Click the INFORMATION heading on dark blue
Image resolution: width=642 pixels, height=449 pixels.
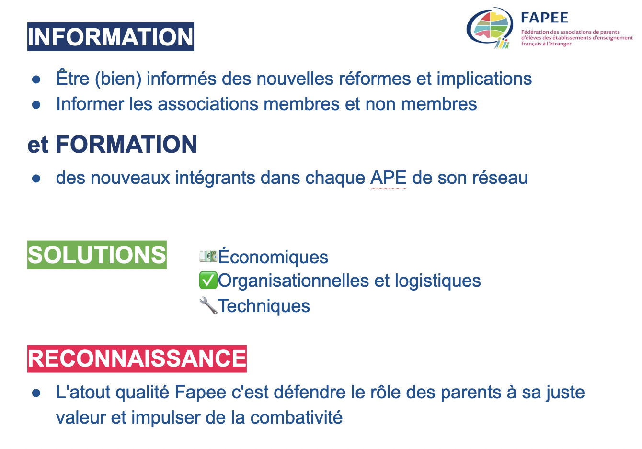click(x=111, y=37)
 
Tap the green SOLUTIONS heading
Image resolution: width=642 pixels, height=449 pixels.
click(x=97, y=255)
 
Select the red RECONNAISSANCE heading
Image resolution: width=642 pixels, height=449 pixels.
click(x=137, y=359)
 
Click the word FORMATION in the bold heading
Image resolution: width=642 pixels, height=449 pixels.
click(x=126, y=145)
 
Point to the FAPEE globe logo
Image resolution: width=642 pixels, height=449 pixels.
click(x=490, y=28)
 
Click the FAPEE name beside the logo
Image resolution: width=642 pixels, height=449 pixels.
click(x=545, y=18)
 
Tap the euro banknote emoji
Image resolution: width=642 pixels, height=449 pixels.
click(x=208, y=256)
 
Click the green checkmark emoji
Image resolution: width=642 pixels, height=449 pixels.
click(x=208, y=280)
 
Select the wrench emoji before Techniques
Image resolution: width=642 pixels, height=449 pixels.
click(x=208, y=305)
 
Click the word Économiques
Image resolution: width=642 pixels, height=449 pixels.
click(x=273, y=256)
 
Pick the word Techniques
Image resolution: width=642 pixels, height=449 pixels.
click(x=264, y=306)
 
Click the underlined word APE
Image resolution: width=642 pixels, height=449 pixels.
click(x=389, y=178)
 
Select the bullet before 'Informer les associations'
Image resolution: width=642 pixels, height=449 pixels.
click(x=36, y=104)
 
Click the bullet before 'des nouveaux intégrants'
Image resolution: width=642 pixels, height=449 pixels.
click(x=36, y=179)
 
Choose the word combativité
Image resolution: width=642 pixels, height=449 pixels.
click(x=297, y=417)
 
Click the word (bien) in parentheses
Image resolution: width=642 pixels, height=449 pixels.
click(x=118, y=79)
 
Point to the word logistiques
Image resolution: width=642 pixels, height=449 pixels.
click(x=437, y=281)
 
